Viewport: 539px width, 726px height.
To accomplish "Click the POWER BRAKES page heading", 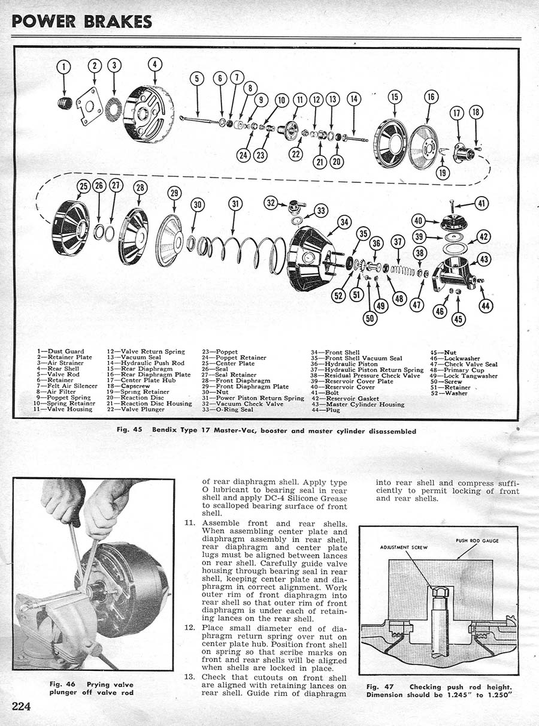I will coord(82,21).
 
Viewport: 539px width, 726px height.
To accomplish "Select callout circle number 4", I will coord(155,64).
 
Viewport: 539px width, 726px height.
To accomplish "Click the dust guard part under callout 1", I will coord(65,103).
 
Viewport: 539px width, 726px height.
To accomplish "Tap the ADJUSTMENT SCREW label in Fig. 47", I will coord(402,547).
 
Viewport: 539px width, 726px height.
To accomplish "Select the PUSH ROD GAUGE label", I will coord(477,541).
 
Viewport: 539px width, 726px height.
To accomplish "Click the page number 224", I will coord(22,705).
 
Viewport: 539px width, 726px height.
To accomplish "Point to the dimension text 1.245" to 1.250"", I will coord(479,695).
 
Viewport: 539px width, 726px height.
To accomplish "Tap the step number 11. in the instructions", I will coord(190,523).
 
